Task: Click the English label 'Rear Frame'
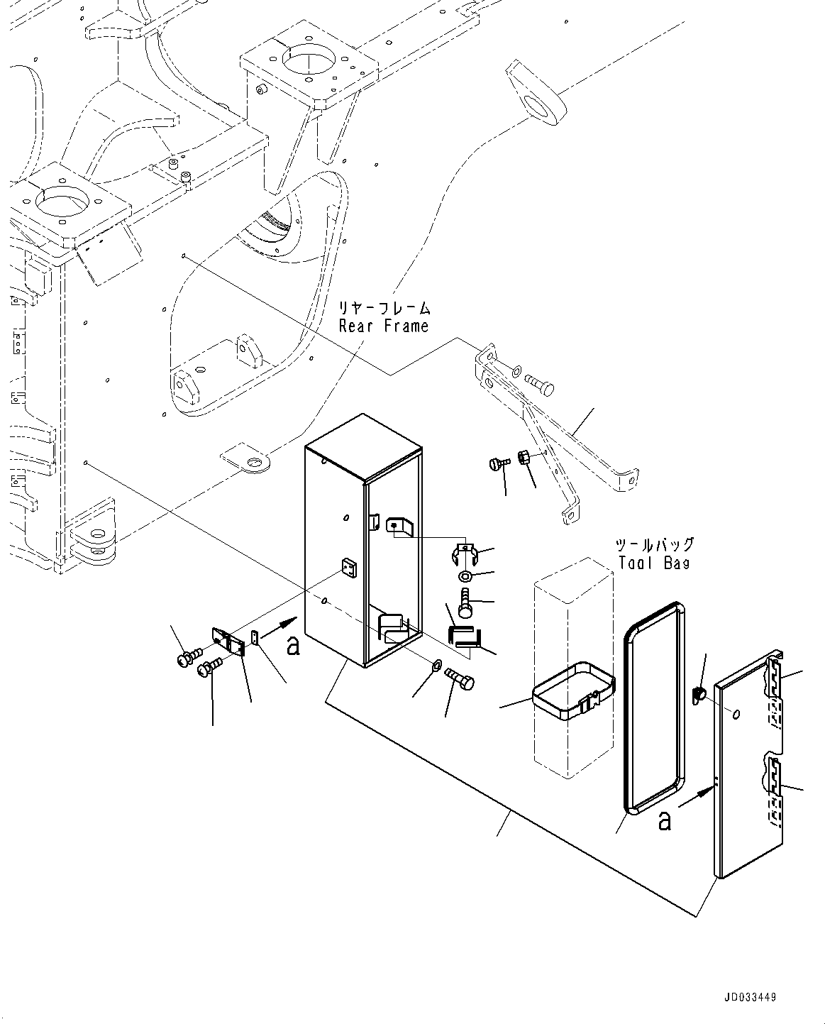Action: (384, 326)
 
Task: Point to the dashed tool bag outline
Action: (572, 752)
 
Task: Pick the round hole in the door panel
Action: (737, 714)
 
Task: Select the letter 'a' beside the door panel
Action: (664, 820)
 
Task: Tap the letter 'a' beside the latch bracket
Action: (292, 645)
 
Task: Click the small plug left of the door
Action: (698, 692)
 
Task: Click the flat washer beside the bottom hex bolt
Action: (436, 666)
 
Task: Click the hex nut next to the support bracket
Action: (525, 457)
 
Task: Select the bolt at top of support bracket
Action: (540, 383)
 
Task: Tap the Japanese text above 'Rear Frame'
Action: (384, 308)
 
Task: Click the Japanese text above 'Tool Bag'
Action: (654, 545)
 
